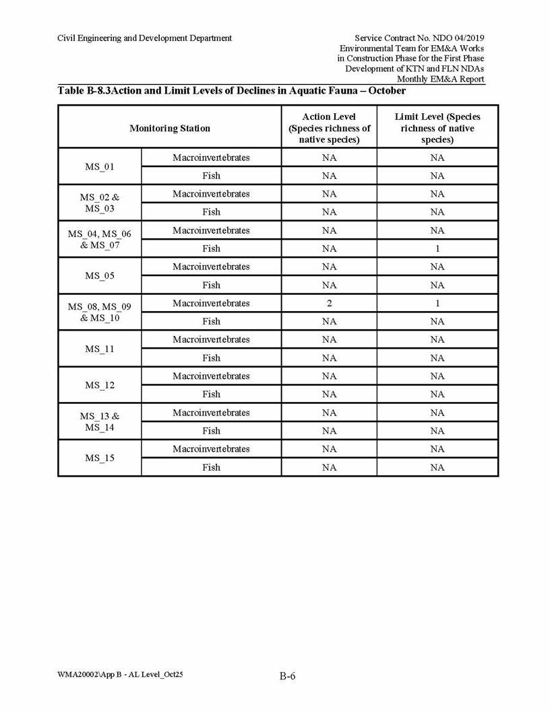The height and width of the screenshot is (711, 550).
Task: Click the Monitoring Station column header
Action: coord(169,128)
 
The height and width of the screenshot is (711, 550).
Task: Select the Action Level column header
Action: coord(329,128)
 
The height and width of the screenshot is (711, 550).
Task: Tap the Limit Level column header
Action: coord(437,128)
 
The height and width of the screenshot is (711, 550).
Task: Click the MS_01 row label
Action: coord(100,166)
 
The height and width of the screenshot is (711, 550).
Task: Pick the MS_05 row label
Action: coord(100,275)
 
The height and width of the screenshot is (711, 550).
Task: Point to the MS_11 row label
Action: coord(100,349)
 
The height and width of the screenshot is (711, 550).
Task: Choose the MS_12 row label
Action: coord(100,385)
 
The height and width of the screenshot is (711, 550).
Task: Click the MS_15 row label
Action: coord(100,458)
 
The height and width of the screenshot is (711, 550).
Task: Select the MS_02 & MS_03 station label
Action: coord(100,203)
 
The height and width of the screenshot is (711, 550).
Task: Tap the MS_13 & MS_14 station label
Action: coord(100,421)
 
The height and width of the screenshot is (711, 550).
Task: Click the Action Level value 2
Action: coord(329,303)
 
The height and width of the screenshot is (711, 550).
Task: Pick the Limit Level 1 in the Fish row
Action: coord(437,248)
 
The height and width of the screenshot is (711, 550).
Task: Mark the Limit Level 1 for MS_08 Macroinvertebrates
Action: coord(437,303)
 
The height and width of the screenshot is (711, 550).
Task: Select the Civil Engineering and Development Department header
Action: coord(145,38)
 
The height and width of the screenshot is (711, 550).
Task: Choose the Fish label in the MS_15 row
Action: coord(211,467)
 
